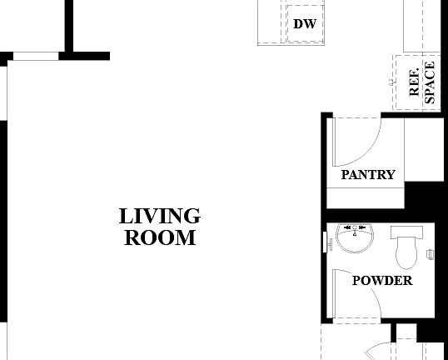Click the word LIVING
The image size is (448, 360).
160,216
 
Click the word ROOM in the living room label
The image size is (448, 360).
160,237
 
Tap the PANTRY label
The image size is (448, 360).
368,175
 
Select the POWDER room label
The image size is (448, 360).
382,281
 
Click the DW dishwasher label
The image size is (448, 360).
304,23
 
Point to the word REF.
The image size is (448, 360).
415,81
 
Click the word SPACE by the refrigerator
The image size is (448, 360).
430,82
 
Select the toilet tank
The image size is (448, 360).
407,230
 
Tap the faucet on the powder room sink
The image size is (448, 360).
356,227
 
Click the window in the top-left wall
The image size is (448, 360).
36,57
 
